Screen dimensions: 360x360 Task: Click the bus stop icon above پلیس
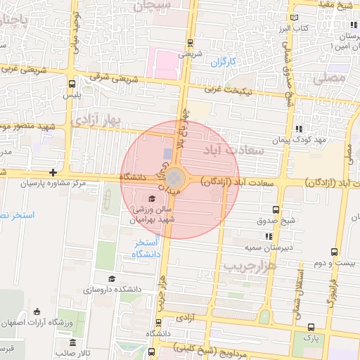72,83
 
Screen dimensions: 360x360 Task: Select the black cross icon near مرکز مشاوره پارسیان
53,172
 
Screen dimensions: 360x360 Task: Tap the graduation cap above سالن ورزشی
152,199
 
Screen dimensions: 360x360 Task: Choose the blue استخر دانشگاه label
147,247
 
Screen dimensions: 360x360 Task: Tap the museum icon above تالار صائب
74,342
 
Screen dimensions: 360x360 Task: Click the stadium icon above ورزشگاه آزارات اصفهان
37,312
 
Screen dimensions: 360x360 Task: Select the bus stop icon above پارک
311,327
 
